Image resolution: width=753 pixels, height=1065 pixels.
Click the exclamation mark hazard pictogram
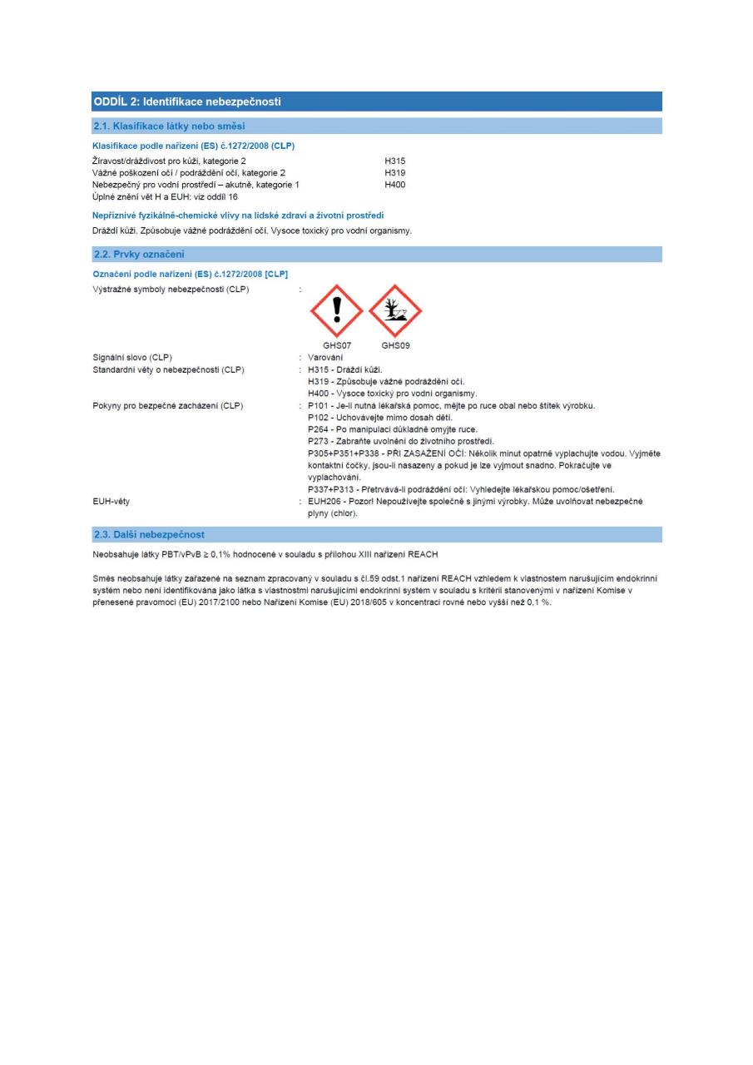point(337,311)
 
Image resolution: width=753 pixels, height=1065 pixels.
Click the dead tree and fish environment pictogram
point(395,311)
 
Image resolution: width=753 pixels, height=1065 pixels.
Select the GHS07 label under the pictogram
point(337,345)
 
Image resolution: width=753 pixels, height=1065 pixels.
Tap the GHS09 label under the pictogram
point(395,345)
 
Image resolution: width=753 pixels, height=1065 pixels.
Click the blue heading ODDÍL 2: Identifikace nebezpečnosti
point(187,102)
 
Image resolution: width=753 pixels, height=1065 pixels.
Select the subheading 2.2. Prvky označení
point(137,254)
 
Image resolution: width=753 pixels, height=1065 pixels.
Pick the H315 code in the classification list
point(394,161)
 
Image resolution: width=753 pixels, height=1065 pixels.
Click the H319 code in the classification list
point(394,172)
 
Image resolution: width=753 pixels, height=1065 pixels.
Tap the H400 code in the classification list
point(394,184)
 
